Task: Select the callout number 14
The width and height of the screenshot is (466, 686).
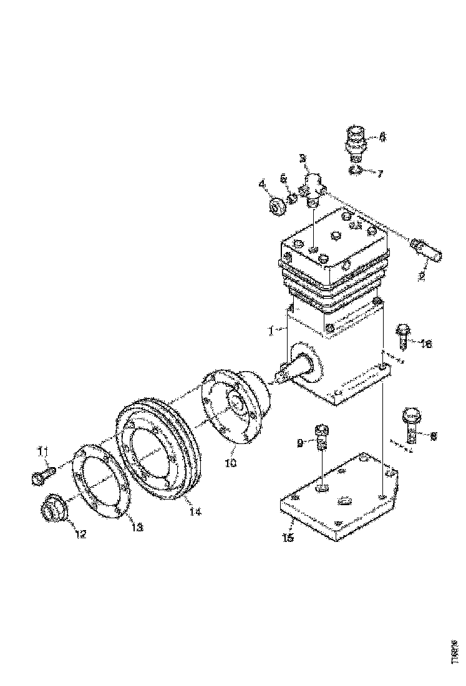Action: (x=195, y=511)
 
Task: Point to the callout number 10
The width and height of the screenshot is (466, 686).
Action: (x=231, y=463)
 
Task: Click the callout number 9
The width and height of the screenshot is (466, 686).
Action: (x=300, y=443)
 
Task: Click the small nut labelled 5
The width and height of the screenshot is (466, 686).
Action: (x=291, y=199)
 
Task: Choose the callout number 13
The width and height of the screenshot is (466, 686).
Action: (x=137, y=528)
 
